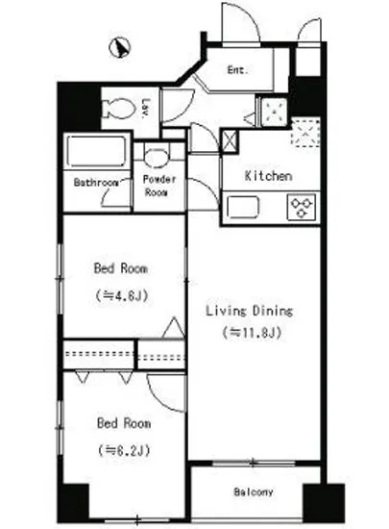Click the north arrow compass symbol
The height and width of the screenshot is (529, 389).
coord(119,47)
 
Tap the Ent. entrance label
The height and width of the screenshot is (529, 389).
coord(237,70)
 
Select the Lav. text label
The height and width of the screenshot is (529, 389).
coord(145,109)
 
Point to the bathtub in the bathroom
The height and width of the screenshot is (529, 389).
coord(96,151)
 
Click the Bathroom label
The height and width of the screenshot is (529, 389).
coord(96,183)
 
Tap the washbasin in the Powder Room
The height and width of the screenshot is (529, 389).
coord(156,157)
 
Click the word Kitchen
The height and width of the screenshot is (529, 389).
coord(268,176)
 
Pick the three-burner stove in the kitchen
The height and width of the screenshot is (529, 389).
coord(302,207)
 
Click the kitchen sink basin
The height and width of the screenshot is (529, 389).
coord(243,207)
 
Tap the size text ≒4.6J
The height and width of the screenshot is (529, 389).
coord(122,296)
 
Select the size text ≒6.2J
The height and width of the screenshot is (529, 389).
coord(124,450)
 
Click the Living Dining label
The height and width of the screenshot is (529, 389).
coord(249,311)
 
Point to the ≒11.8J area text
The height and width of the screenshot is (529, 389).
coord(252,333)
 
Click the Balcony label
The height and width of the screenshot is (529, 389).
coord(254,491)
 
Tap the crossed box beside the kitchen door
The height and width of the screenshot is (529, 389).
coord(231,140)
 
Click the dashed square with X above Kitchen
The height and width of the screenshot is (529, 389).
coord(305,133)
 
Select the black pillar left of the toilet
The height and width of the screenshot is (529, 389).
coord(80,108)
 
